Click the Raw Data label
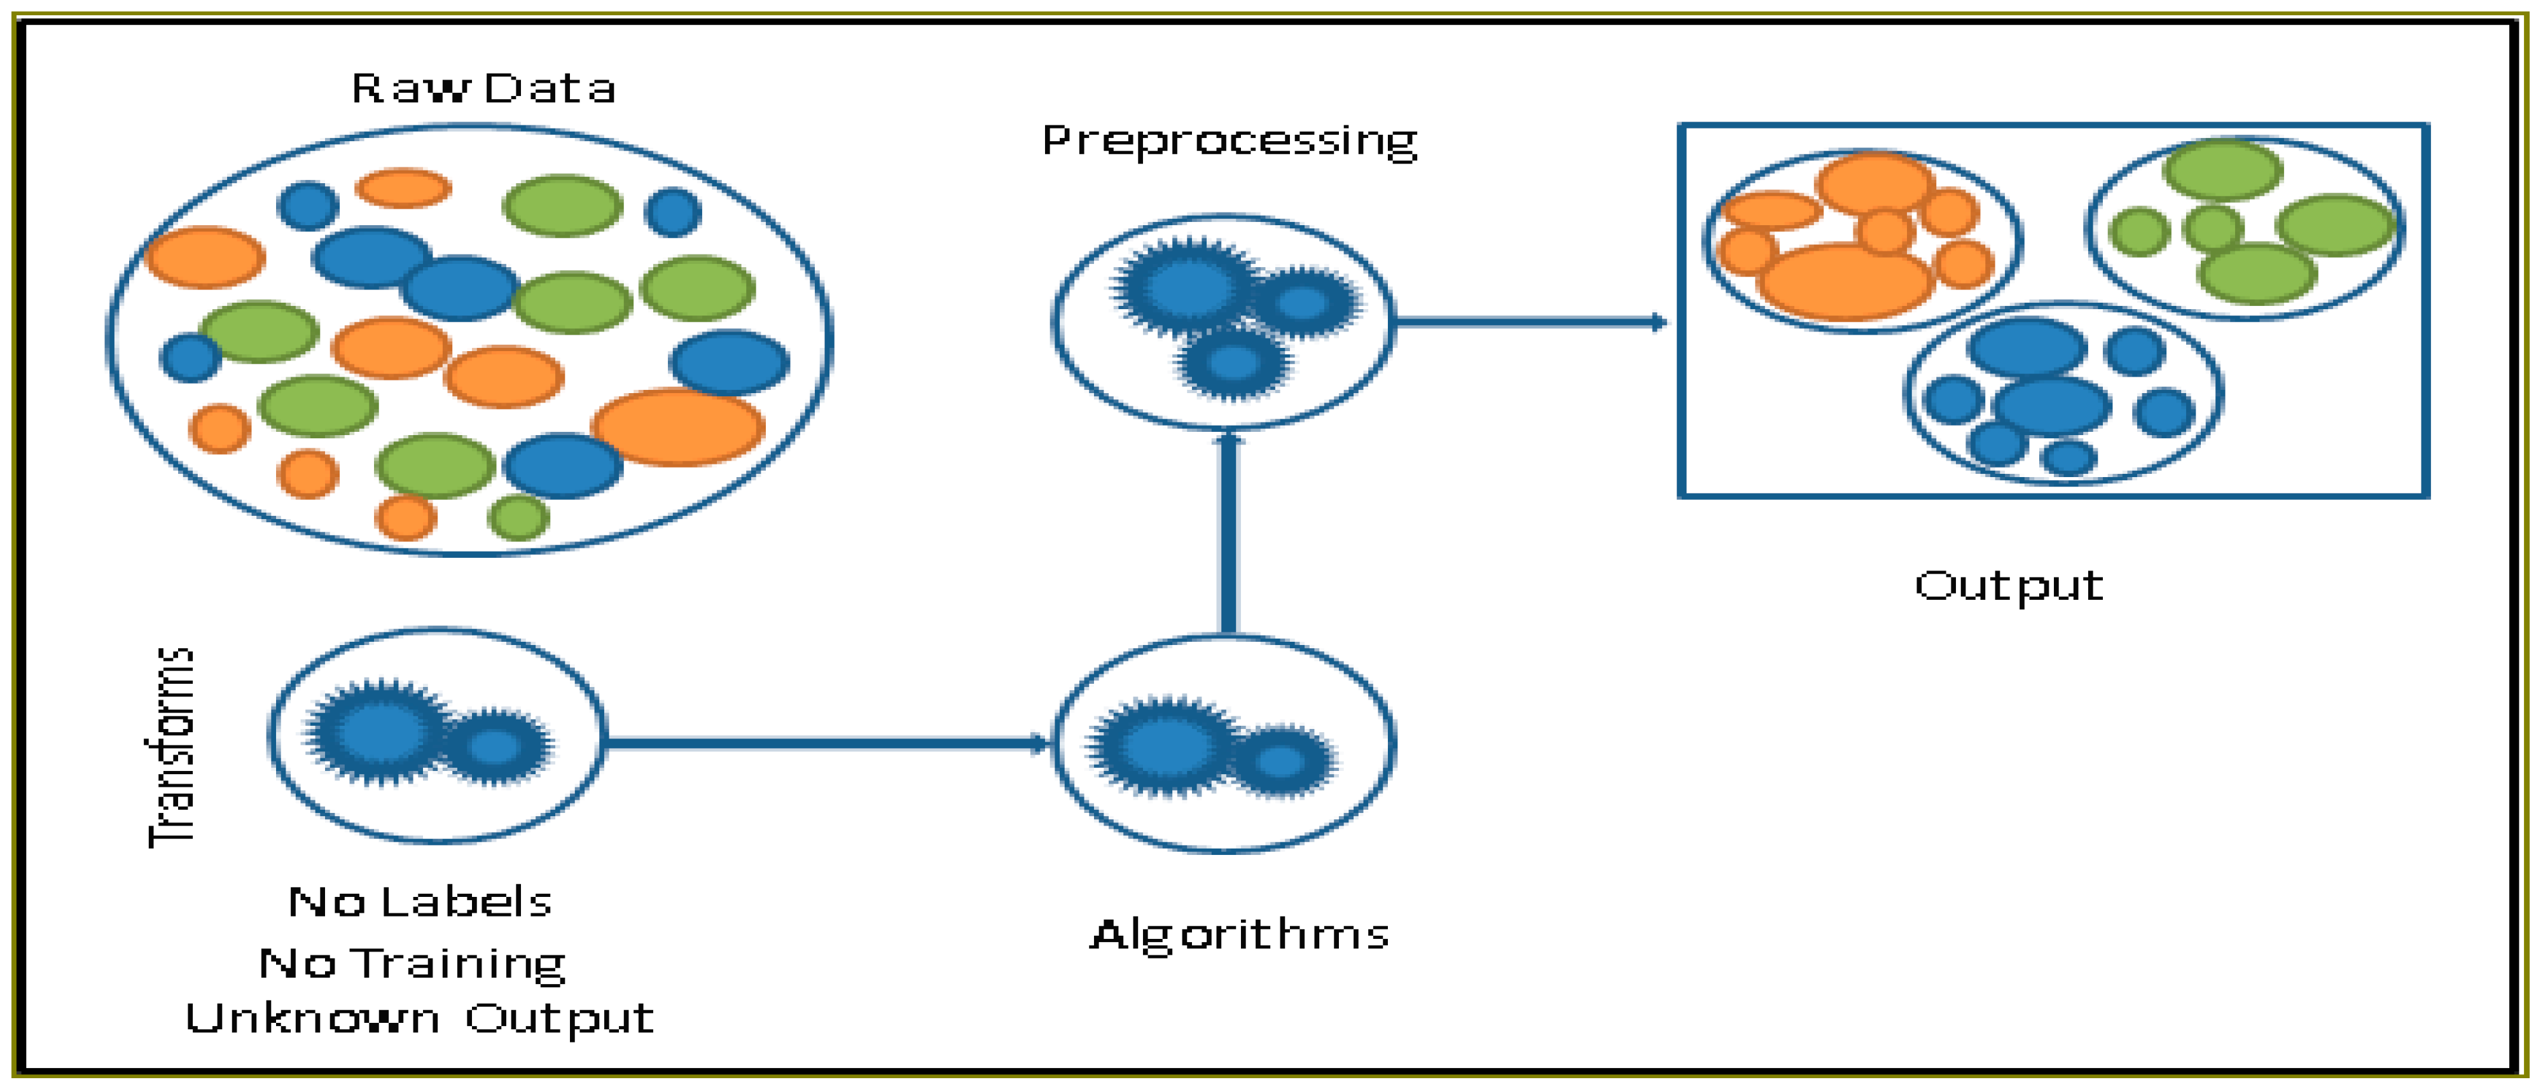click(483, 89)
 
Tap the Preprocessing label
click(1229, 141)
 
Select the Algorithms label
click(1239, 934)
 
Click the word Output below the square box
click(2008, 586)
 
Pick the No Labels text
click(420, 901)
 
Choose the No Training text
click(413, 962)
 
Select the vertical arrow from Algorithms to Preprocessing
click(1228, 533)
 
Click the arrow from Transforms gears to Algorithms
click(824, 742)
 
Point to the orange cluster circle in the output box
click(1861, 242)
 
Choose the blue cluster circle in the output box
click(2063, 393)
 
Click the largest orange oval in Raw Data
click(677, 427)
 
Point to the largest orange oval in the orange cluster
click(1844, 281)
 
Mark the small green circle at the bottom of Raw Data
click(518, 517)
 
